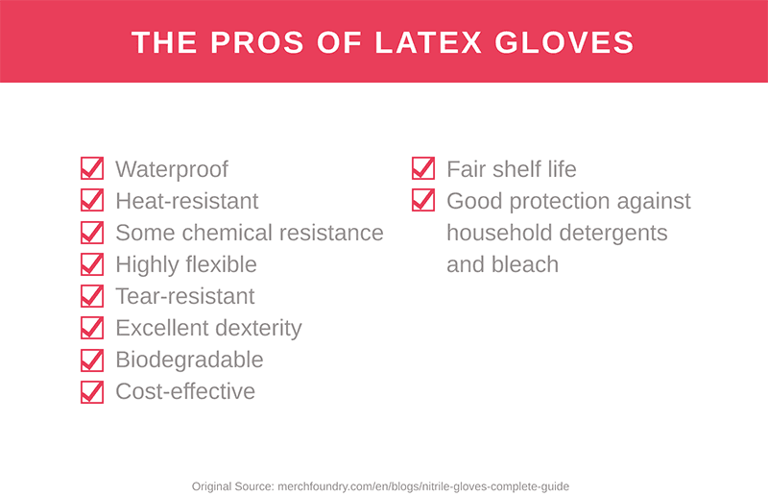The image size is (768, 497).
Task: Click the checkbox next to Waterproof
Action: point(91,169)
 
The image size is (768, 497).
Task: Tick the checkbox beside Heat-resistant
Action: point(91,201)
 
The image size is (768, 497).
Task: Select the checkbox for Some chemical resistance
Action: point(91,233)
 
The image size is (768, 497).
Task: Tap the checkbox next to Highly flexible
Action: point(91,264)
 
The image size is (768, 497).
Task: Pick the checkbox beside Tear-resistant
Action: point(91,296)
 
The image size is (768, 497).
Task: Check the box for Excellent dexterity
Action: point(91,328)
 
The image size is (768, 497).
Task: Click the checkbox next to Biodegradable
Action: point(91,360)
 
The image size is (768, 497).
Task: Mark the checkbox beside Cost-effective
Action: point(91,391)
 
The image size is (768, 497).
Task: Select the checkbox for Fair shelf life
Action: point(422,169)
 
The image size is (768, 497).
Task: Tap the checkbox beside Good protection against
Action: point(422,201)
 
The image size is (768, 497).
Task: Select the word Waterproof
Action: point(172,170)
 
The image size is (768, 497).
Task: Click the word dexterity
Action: point(258,329)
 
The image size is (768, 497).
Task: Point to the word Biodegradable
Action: point(189,360)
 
